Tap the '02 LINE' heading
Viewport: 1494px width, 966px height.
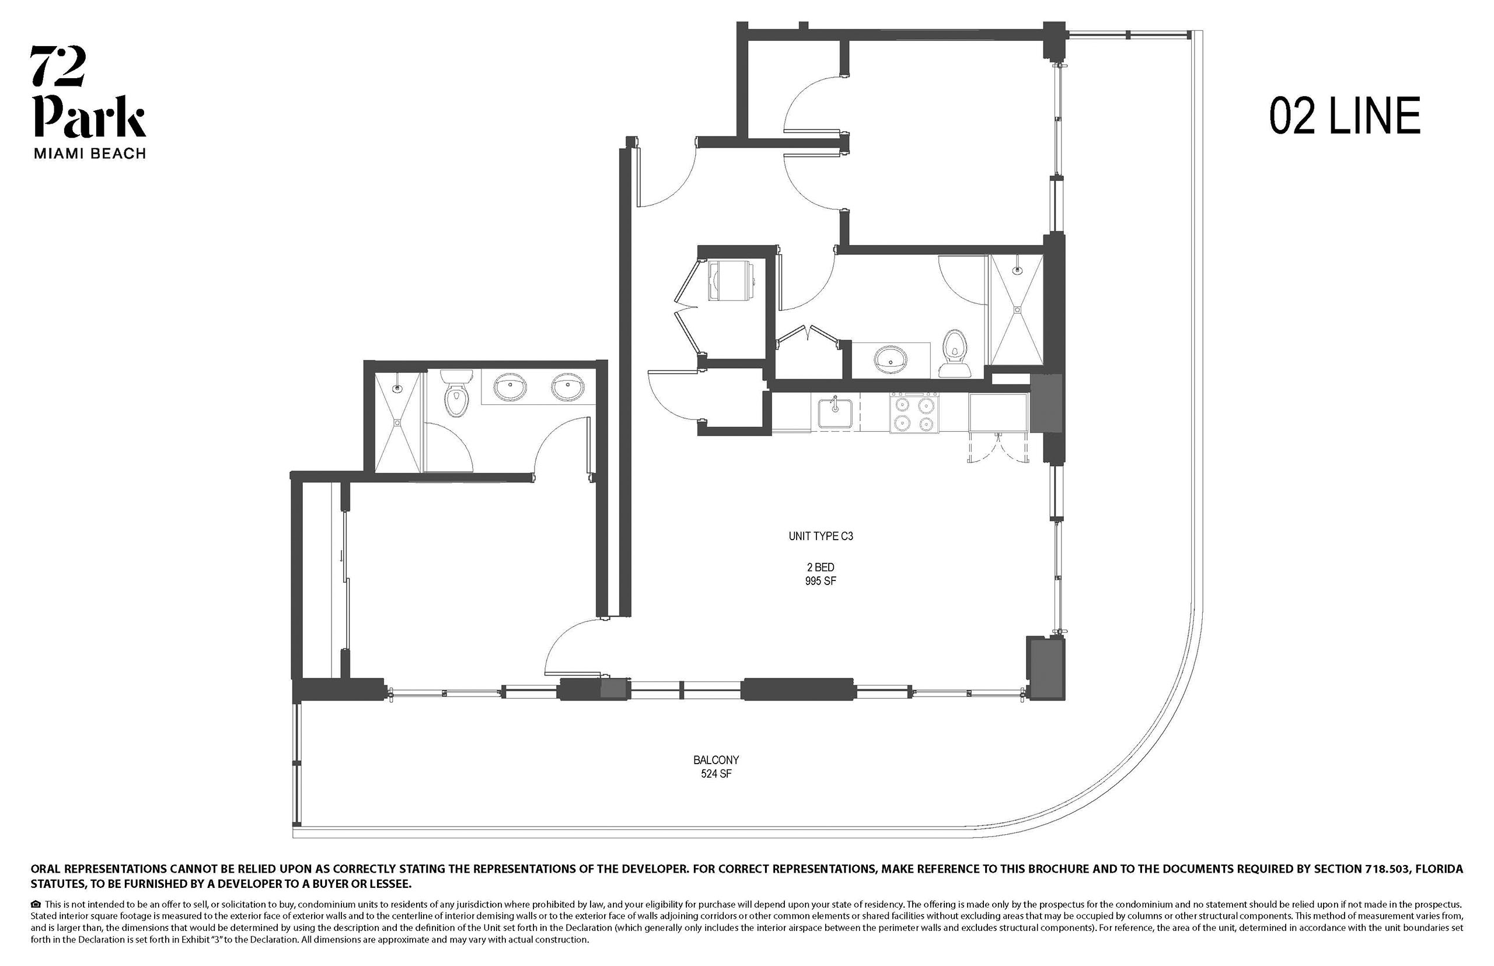(x=1345, y=116)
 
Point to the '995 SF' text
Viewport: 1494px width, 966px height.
(x=821, y=581)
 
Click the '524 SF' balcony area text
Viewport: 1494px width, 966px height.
(x=716, y=774)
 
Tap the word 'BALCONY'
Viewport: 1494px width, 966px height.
(x=716, y=760)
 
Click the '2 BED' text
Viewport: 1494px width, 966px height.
(x=821, y=567)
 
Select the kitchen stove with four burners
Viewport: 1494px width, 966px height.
(x=914, y=413)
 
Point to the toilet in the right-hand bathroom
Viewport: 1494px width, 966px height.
(x=954, y=353)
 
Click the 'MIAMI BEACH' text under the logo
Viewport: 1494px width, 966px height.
(x=90, y=153)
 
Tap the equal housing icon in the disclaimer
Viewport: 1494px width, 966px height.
(x=36, y=905)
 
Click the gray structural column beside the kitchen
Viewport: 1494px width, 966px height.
(x=1046, y=403)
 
